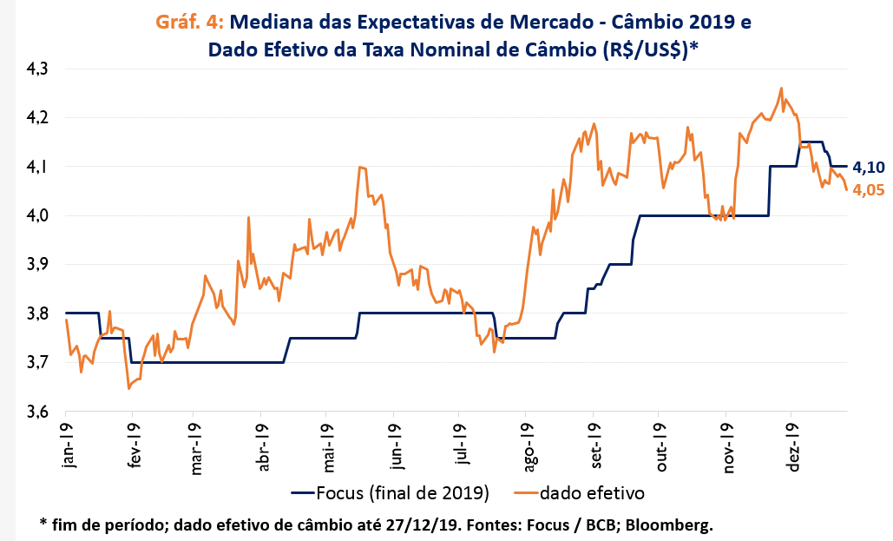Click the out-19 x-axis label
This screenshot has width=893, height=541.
click(660, 445)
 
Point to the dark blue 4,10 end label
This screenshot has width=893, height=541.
click(868, 167)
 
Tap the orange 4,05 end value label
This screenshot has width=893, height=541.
click(868, 191)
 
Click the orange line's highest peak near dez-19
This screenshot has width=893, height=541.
click(781, 88)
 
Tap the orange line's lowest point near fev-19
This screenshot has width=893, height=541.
click(128, 388)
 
